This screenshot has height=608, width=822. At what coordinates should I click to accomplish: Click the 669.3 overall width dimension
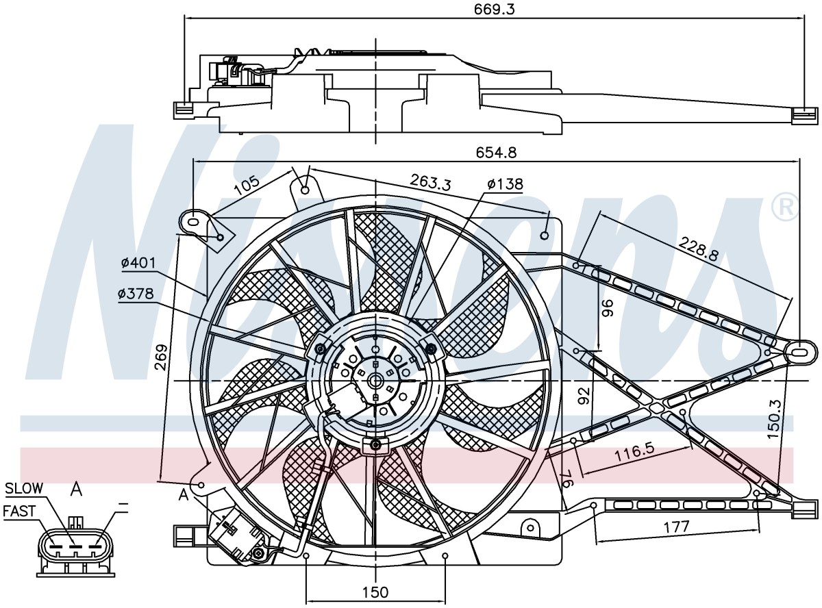tap(495, 10)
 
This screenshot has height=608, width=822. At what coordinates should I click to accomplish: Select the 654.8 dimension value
tap(496, 153)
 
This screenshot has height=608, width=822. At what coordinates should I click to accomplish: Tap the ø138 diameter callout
tap(505, 184)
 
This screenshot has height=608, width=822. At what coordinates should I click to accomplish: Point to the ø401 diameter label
tap(138, 263)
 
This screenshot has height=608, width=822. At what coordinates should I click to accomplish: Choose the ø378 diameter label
tap(136, 294)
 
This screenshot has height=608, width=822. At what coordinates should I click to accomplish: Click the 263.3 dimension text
tap(430, 182)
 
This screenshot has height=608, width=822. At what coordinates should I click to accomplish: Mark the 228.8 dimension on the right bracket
tap(699, 249)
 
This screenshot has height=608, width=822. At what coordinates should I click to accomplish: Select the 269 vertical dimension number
tap(162, 357)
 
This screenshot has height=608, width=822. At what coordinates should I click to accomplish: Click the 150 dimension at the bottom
tap(375, 592)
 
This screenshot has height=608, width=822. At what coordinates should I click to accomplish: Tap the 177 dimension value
tap(676, 527)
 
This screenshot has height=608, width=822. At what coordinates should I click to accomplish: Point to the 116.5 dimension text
tap(634, 453)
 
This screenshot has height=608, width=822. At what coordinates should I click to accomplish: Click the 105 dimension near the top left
tap(247, 185)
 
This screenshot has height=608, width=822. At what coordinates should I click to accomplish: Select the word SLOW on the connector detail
tap(24, 488)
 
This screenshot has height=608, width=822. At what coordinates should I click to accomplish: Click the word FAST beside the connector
tap(19, 511)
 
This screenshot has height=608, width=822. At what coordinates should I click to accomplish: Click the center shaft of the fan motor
tap(376, 380)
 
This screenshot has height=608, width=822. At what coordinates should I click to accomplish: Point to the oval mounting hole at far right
tap(799, 350)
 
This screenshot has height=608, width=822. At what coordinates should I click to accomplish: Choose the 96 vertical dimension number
tap(608, 308)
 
